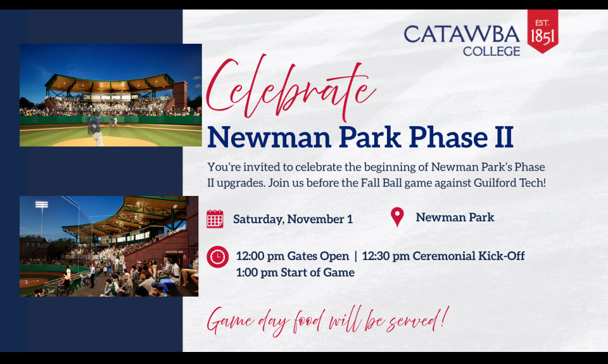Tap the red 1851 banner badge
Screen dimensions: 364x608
(543, 31)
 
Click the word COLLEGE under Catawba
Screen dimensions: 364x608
(491, 51)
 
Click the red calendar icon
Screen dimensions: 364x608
(215, 219)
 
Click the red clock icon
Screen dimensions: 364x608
(217, 257)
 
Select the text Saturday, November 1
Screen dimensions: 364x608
(293, 219)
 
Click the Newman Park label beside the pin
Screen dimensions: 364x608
(455, 218)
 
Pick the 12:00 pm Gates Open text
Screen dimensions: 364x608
(292, 256)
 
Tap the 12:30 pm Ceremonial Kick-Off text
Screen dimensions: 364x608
(443, 256)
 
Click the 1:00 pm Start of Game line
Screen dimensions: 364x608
(295, 273)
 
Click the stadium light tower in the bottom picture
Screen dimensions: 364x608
(42, 216)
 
